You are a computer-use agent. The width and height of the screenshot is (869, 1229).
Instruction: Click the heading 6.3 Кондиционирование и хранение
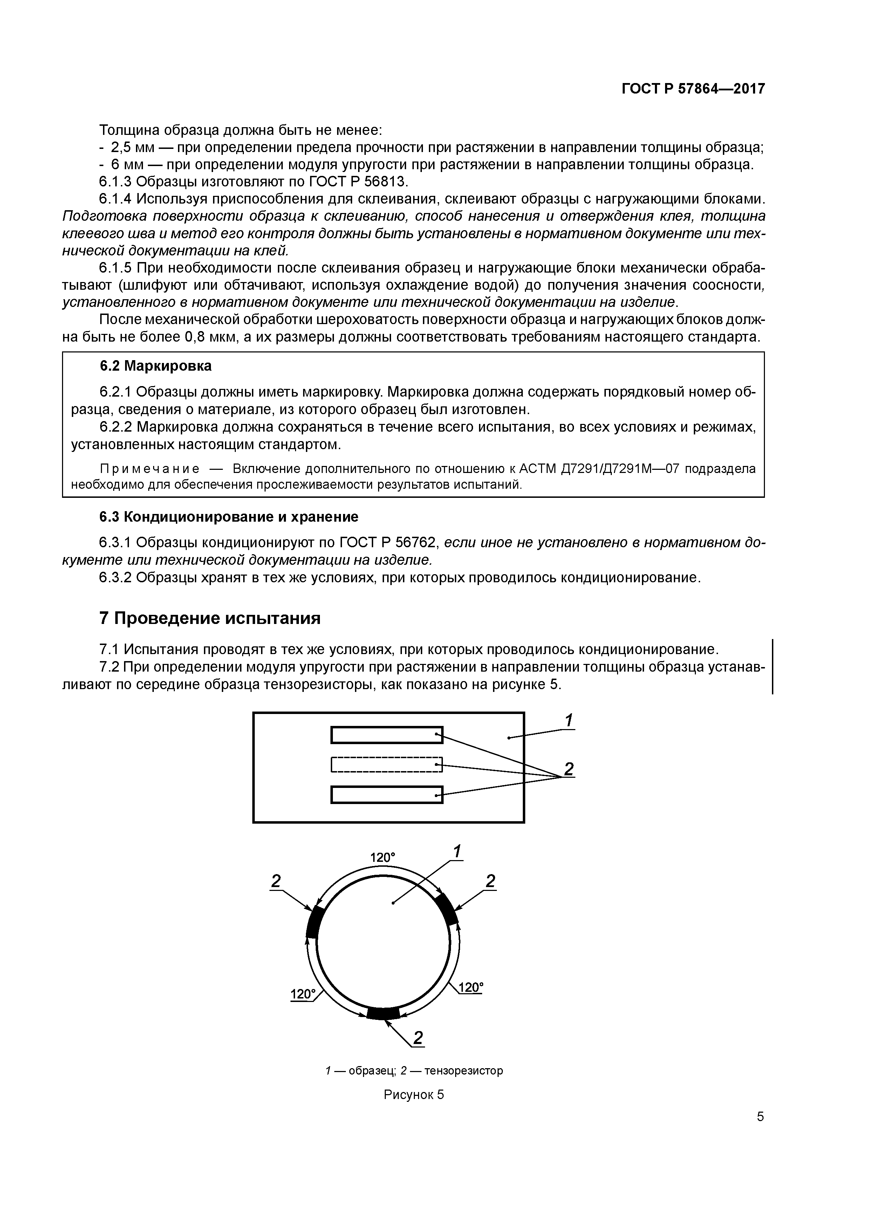(228, 517)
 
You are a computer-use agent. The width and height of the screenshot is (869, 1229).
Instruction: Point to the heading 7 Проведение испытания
(210, 618)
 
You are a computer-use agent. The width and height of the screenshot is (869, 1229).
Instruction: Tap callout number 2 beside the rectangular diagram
(569, 769)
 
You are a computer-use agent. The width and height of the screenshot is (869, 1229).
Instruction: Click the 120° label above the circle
(382, 858)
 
